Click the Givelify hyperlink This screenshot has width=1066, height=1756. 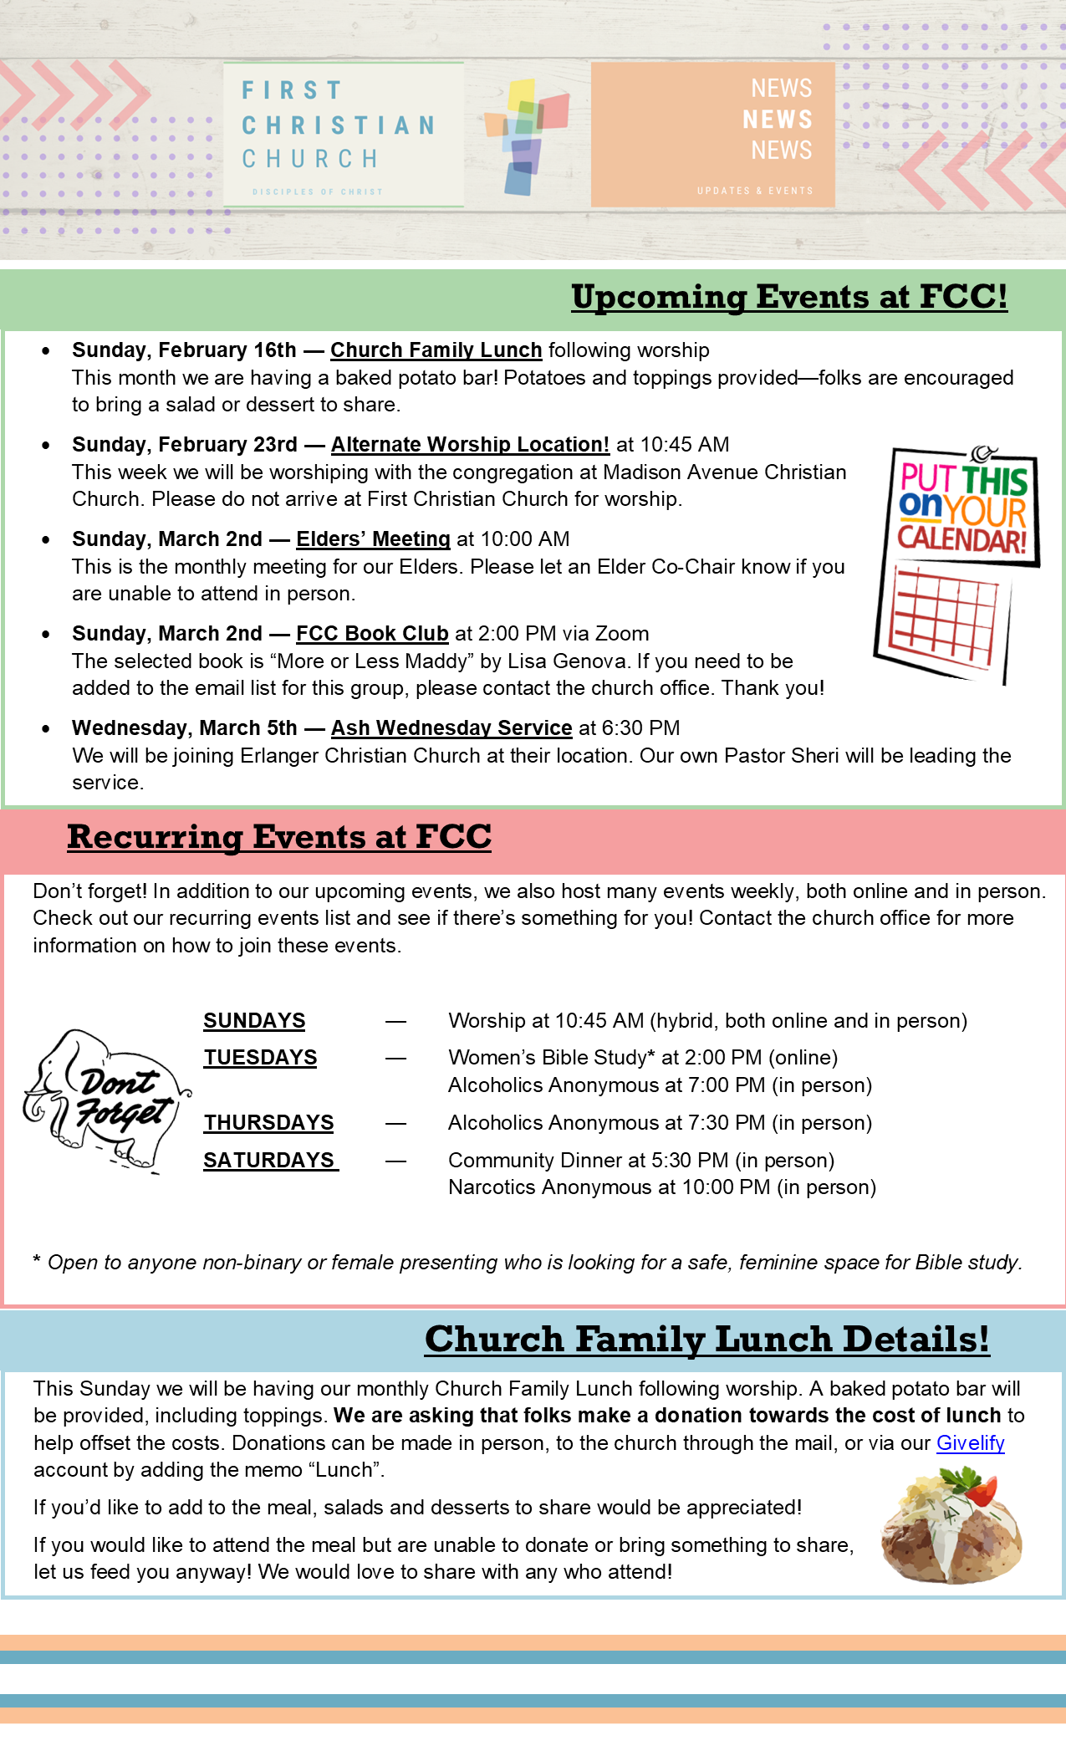coord(970,1442)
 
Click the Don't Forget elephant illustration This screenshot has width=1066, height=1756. coord(105,1100)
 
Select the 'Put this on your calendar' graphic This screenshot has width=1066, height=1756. coord(957,564)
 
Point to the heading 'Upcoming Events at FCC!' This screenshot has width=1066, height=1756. coord(789,297)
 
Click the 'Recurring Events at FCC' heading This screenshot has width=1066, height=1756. coord(279,837)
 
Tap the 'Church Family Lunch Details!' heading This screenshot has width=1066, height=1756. coord(706,1339)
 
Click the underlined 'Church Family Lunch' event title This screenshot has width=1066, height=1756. coord(436,350)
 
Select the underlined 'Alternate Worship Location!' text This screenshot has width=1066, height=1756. coord(470,445)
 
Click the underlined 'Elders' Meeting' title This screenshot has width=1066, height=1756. coord(373,539)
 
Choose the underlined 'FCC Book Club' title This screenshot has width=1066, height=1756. coord(372,634)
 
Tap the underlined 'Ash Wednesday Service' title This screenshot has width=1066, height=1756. coord(451,728)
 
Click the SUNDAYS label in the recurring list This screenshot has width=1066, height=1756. coord(254,1021)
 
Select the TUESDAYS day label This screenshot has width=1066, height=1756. coord(260,1058)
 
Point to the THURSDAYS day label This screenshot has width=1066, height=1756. coord(268,1123)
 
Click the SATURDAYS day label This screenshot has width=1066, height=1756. coord(270,1161)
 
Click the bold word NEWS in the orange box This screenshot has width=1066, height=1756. coord(778,120)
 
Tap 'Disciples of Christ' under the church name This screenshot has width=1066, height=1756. coord(317,192)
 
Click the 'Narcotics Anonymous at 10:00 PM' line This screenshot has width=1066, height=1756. coord(661,1187)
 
